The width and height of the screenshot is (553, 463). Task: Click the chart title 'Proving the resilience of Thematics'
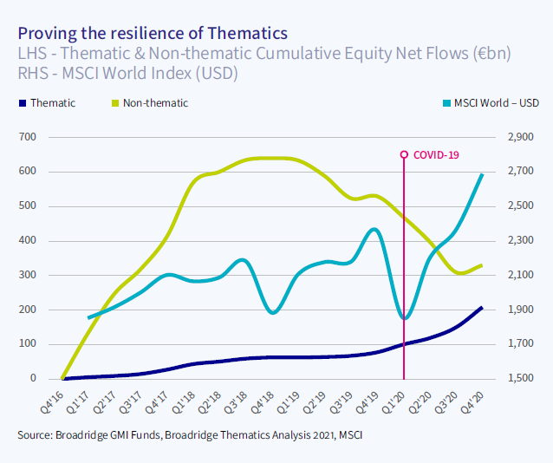coord(152,34)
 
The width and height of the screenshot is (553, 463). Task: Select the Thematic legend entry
coord(52,103)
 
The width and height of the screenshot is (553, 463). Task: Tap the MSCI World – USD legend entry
coord(490,103)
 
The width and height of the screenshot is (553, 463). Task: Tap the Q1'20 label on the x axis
coord(394,401)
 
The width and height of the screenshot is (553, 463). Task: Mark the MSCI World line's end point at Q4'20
coord(482,174)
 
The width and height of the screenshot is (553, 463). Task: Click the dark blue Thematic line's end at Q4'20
coord(482,308)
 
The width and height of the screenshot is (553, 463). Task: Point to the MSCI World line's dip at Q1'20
coord(404,318)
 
